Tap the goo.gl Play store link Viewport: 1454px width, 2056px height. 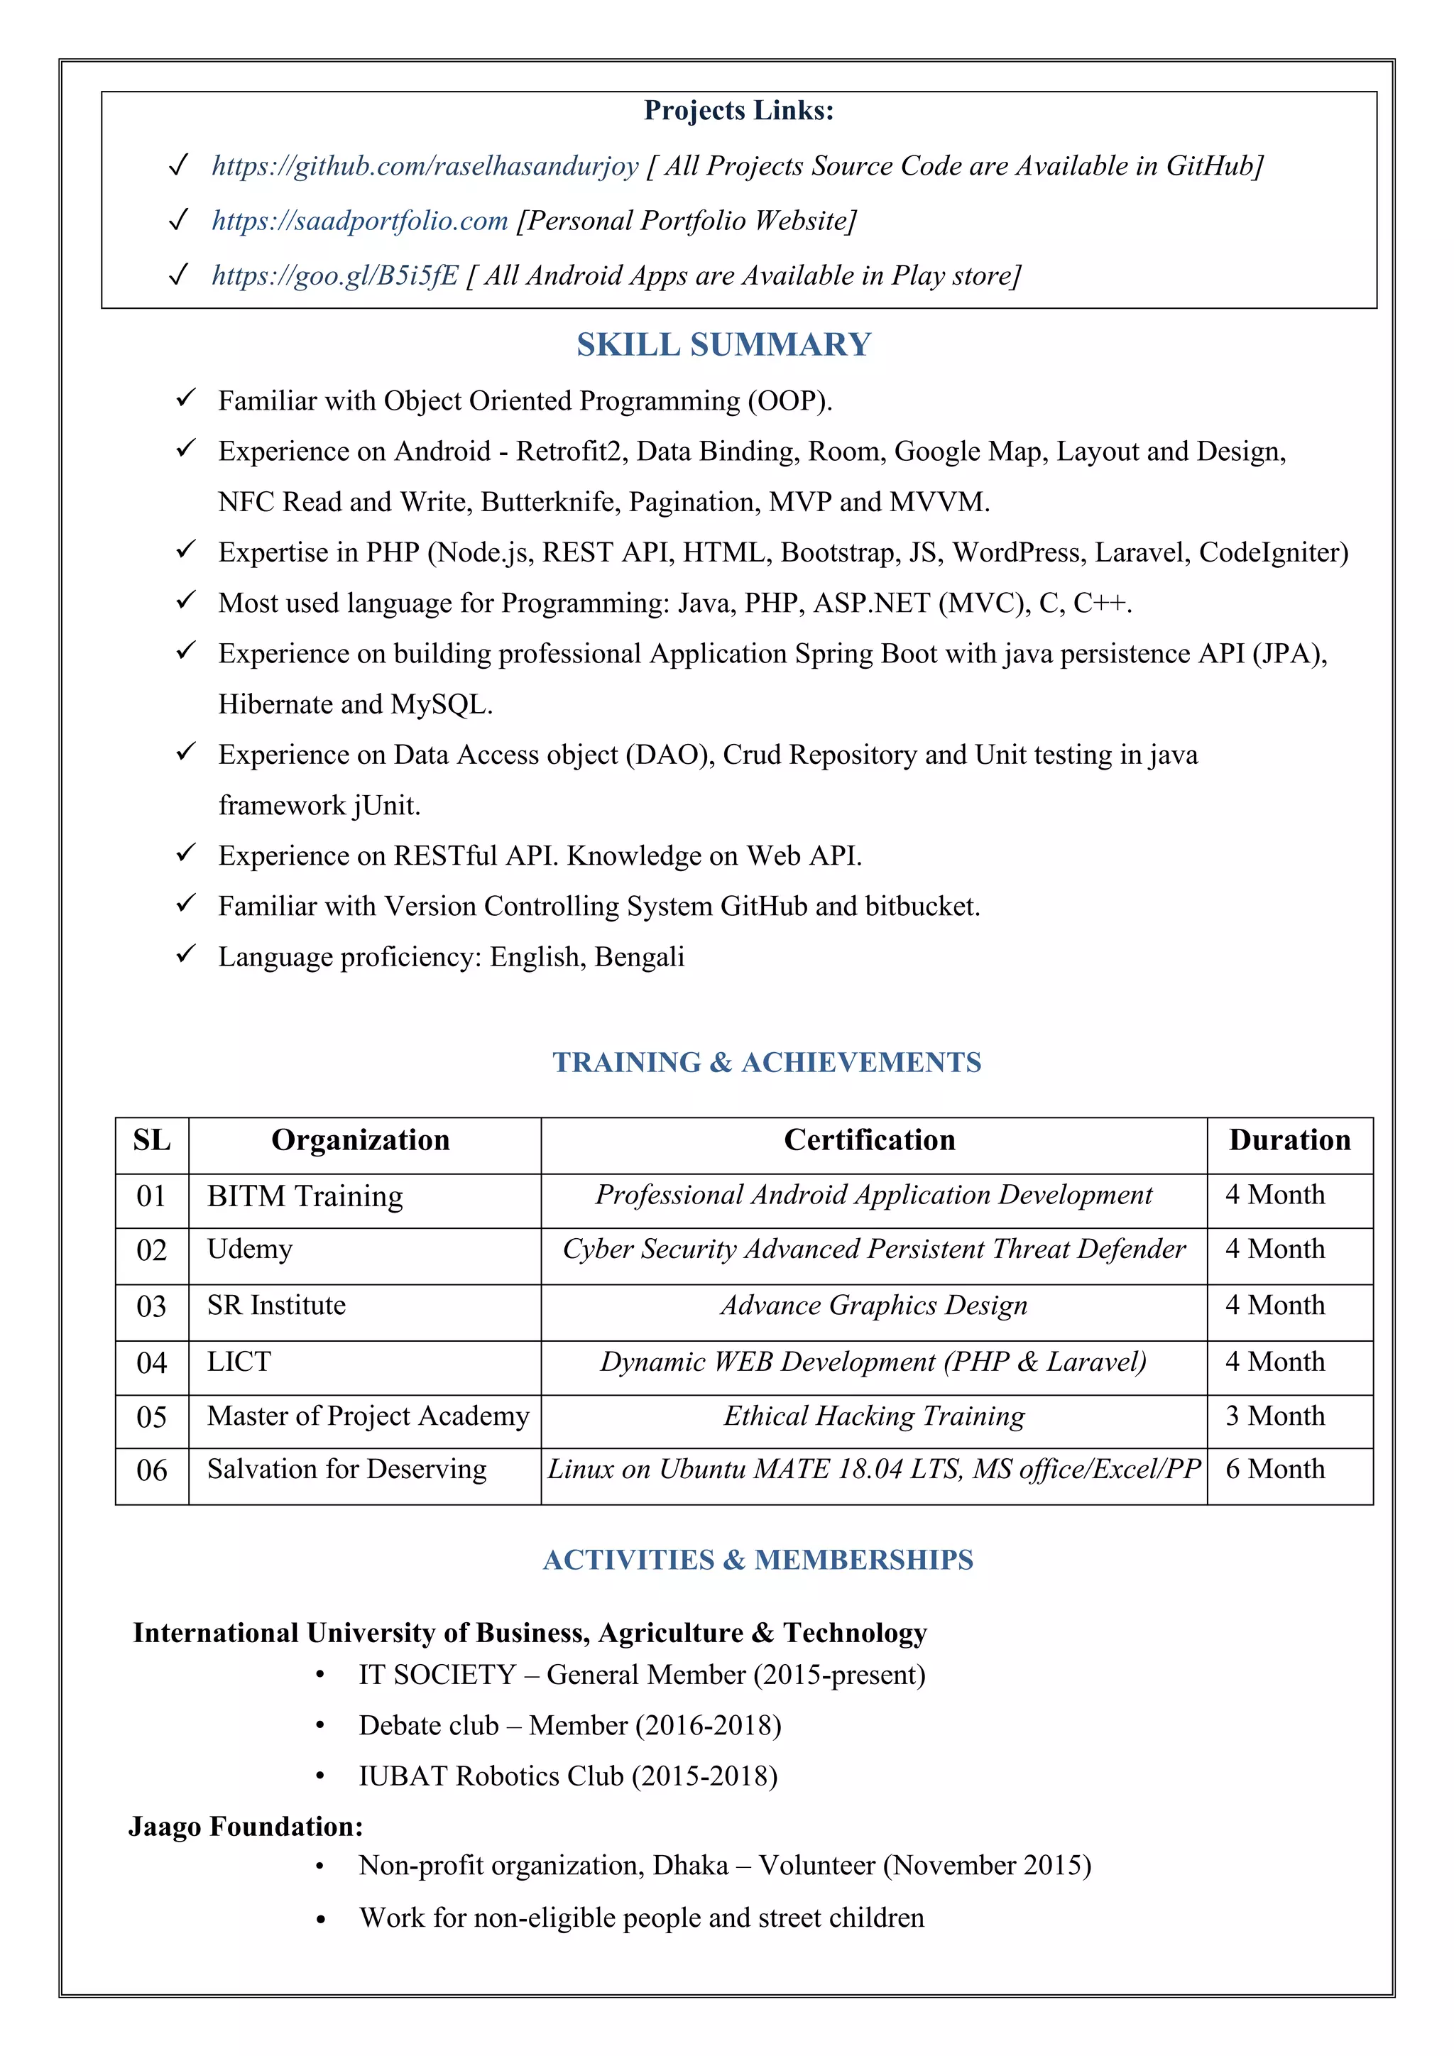pos(335,275)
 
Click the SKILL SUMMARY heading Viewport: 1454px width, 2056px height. pos(723,345)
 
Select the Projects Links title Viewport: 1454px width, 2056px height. pos(738,111)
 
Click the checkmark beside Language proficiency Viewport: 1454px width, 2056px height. pos(185,955)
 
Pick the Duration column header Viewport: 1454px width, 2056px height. pos(1289,1141)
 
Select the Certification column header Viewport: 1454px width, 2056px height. pos(870,1141)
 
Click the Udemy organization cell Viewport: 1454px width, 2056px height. pos(250,1250)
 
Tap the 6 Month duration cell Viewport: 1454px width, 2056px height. pos(1275,1470)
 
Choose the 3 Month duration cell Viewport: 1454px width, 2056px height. pos(1275,1416)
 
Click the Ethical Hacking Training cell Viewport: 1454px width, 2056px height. pos(874,1416)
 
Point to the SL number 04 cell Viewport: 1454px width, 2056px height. pos(151,1364)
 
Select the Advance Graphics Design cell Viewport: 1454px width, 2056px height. pos(874,1306)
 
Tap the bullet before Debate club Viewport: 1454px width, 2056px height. pos(319,1727)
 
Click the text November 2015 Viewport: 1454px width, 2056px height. pos(987,1865)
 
